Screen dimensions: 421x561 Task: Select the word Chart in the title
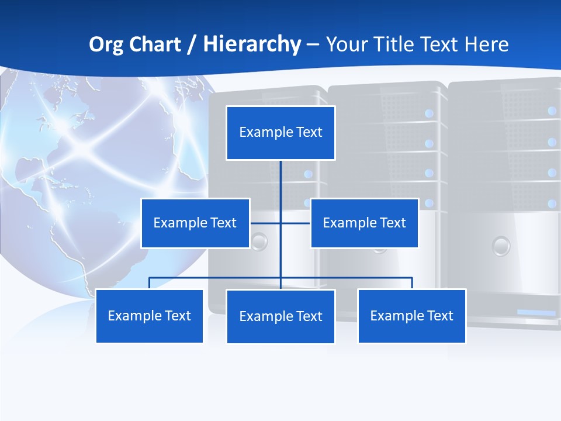point(152,44)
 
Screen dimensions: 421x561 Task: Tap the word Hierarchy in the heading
point(252,44)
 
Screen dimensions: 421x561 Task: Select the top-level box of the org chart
point(280,133)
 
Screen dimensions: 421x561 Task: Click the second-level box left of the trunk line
point(195,223)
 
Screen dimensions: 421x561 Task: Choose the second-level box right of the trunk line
point(364,223)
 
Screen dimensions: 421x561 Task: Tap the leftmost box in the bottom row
point(150,316)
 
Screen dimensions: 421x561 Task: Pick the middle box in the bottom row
point(280,316)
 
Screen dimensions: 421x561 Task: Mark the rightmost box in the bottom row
point(412,316)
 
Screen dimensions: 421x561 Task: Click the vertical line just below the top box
point(280,178)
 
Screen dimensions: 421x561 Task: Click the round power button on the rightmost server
point(501,246)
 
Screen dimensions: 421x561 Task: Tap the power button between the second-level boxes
point(259,241)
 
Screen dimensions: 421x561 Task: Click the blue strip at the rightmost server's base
point(536,313)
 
